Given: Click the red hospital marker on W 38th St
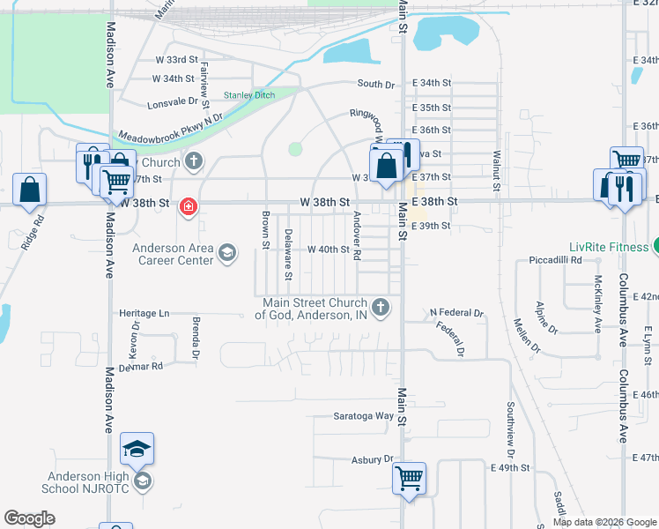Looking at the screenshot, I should [188, 207].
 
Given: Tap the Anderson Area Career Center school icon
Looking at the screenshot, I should [227, 254].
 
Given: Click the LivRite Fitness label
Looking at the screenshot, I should [609, 247].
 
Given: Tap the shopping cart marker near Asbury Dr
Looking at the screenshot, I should [409, 479].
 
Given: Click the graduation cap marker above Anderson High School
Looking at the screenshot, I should [137, 449].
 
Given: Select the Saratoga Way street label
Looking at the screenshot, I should [363, 416].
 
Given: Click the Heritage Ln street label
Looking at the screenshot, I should [144, 313].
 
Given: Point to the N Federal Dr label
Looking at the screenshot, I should [457, 313].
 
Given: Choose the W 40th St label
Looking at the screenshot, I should [329, 250].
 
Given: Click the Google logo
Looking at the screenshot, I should [29, 518].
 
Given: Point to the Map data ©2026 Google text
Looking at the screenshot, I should [603, 522].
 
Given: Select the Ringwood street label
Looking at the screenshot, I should [371, 120].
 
